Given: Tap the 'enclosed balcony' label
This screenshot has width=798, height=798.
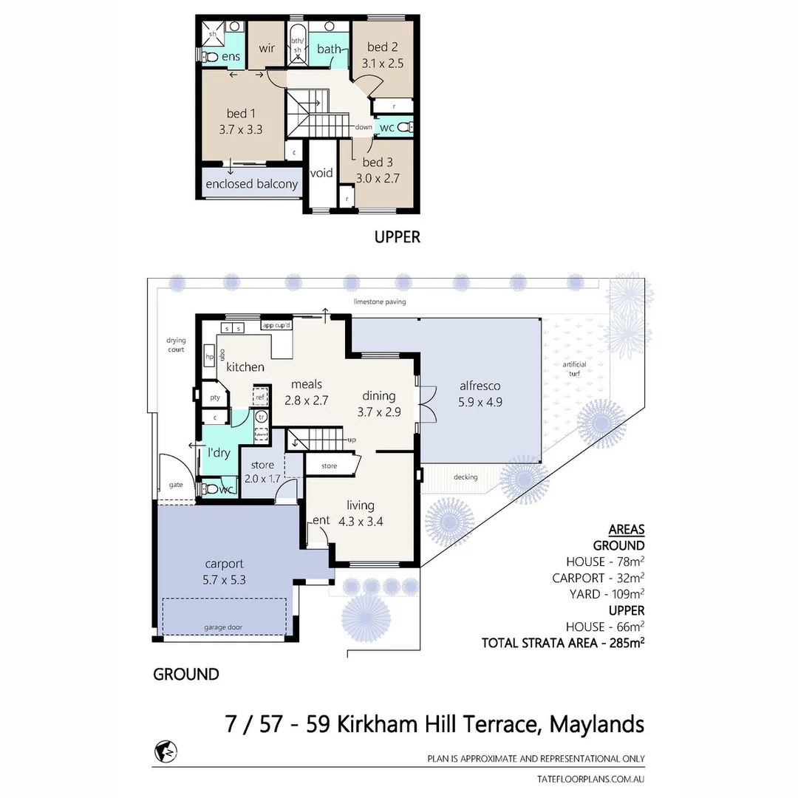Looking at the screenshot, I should click(x=251, y=184).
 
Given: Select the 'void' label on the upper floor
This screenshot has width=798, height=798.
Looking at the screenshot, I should click(x=321, y=173).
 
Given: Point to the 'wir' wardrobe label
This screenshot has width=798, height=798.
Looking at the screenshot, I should click(x=267, y=48).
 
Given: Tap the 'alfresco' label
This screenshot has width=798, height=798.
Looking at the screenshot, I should click(x=480, y=386).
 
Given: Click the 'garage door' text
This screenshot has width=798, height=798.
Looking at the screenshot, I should click(x=223, y=627).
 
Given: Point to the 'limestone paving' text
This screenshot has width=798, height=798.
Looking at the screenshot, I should click(x=380, y=301).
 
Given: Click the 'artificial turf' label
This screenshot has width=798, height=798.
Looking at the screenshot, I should click(x=574, y=369).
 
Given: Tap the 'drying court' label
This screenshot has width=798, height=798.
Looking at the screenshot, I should click(x=176, y=345).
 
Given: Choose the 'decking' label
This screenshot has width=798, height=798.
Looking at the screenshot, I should click(x=466, y=477).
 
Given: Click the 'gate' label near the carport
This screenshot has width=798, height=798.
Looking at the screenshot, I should click(x=176, y=485).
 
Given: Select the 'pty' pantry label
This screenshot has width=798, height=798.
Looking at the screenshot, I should click(x=215, y=398).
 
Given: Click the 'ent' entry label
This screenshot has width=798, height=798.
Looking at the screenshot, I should click(x=321, y=521).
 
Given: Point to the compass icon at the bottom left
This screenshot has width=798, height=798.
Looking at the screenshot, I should click(x=166, y=751).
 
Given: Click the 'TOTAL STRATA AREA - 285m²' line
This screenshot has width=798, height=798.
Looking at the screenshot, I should click(x=563, y=643).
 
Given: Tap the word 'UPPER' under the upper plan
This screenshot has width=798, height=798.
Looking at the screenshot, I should click(x=397, y=237).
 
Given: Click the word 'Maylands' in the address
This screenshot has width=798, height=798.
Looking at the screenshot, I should click(x=596, y=724).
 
